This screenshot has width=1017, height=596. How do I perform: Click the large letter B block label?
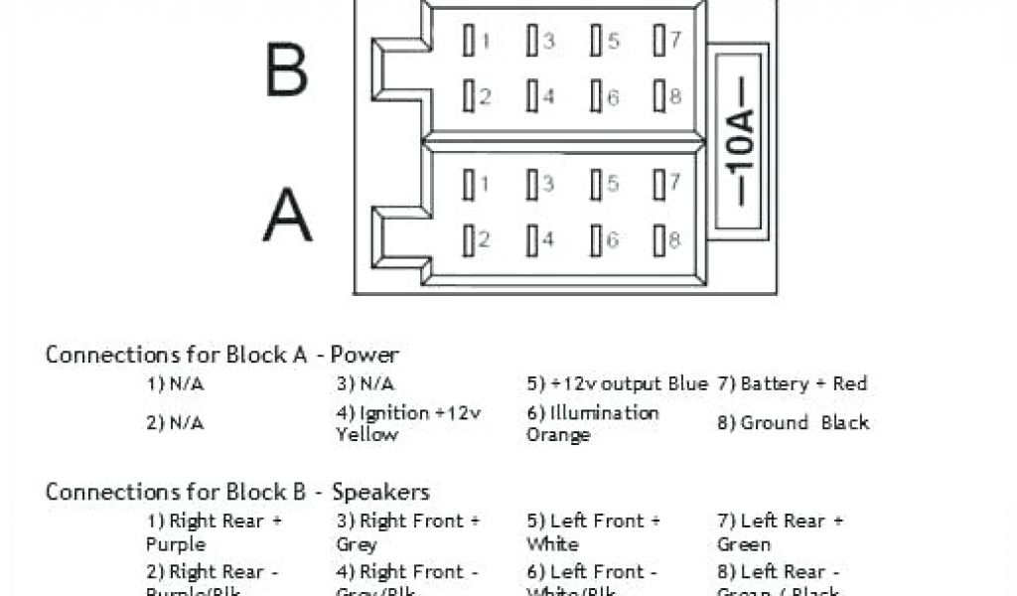point(286,70)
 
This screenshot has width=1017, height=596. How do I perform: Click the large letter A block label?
point(287,216)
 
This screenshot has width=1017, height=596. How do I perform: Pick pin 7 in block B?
point(659,41)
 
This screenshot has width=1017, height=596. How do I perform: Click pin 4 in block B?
point(533,96)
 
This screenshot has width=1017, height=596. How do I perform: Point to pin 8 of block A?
point(659,239)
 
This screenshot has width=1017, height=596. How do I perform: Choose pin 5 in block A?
point(596,184)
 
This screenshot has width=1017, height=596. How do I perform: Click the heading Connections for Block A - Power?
point(222,355)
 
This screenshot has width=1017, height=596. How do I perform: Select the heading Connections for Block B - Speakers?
point(237,492)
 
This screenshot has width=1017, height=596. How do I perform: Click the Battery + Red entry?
point(792,383)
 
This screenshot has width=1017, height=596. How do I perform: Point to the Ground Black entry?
point(793,422)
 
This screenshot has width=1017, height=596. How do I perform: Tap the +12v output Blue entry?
point(617,383)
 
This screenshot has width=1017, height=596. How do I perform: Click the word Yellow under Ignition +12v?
point(366,435)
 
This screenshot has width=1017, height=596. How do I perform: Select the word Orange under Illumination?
point(558,435)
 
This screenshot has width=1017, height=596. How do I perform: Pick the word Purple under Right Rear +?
point(176,544)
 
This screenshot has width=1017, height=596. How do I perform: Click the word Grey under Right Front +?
point(357,544)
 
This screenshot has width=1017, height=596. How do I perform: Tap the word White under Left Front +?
point(552,544)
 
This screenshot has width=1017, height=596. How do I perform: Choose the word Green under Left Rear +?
point(743,544)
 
